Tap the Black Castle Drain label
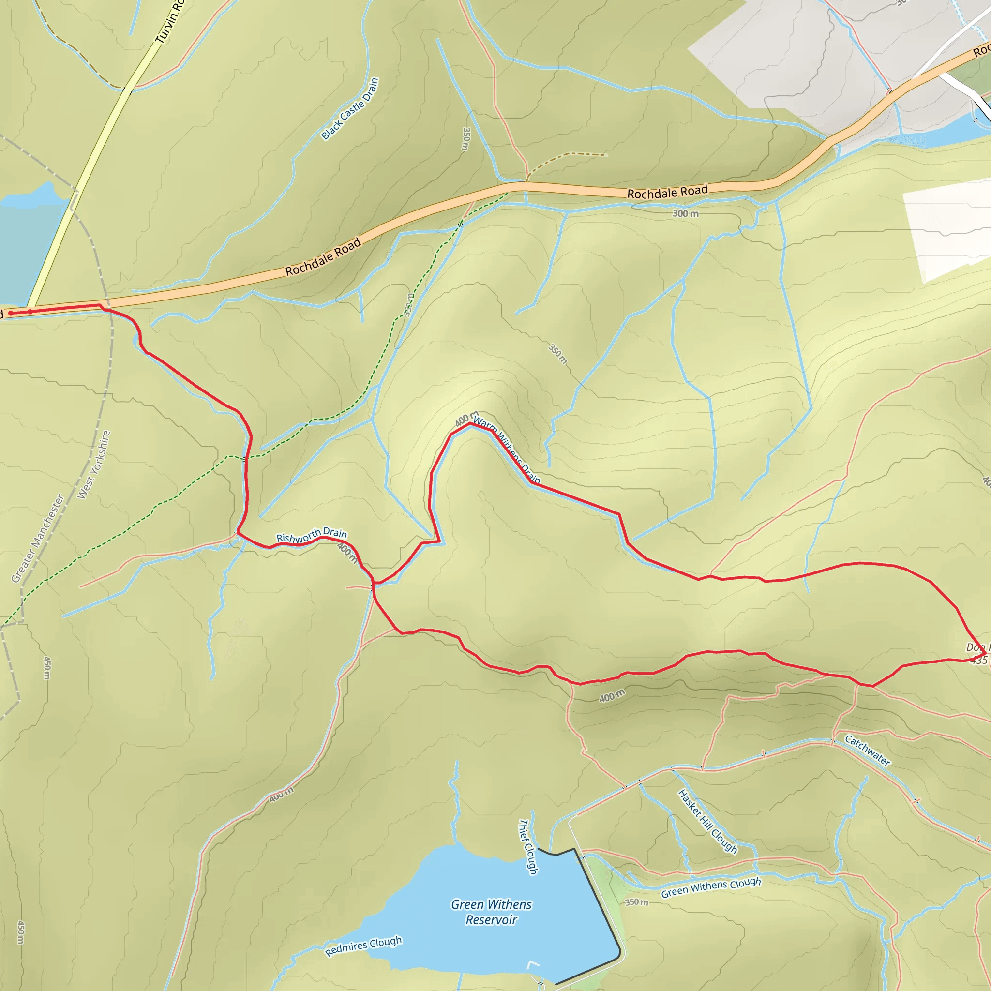[350, 109]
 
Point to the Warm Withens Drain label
[506, 450]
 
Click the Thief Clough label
[528, 846]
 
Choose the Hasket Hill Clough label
[707, 818]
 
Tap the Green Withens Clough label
[710, 887]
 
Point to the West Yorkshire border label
[94, 465]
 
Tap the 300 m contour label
[685, 213]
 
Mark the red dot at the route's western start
[11, 313]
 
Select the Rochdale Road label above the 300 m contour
[667, 193]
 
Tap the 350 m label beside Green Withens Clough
[637, 902]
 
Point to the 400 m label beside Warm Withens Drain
[466, 419]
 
